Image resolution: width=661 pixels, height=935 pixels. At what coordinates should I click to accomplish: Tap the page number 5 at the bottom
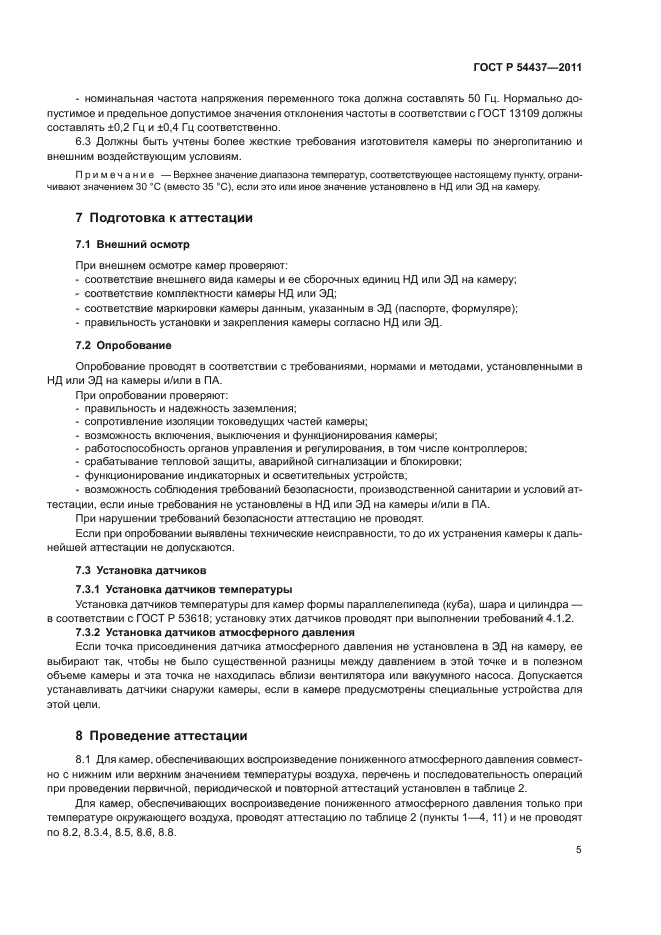[x=579, y=849]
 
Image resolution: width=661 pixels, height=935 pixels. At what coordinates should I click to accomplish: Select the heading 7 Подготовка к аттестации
[x=165, y=218]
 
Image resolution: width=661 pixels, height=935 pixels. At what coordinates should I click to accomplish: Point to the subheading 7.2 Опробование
[x=123, y=345]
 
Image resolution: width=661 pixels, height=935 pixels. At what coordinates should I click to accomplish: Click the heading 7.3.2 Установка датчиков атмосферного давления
[x=215, y=633]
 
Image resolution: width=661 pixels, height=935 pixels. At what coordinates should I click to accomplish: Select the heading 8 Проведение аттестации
[x=162, y=736]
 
